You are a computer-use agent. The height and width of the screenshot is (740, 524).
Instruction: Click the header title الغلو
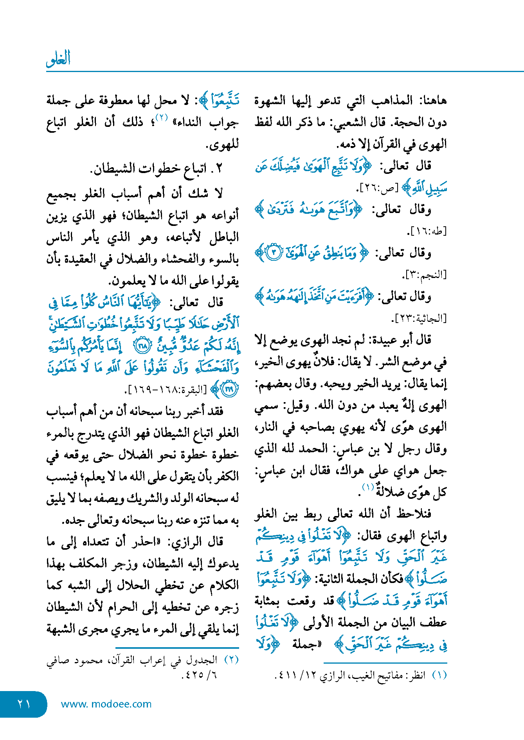(x=58, y=59)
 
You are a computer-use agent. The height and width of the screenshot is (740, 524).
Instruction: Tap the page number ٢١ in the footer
(x=23, y=704)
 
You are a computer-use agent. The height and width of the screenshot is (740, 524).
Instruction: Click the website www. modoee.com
(x=106, y=704)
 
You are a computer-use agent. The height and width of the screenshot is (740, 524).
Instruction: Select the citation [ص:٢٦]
(x=376, y=188)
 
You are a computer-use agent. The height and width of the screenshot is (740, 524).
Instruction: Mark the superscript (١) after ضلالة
(x=368, y=487)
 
